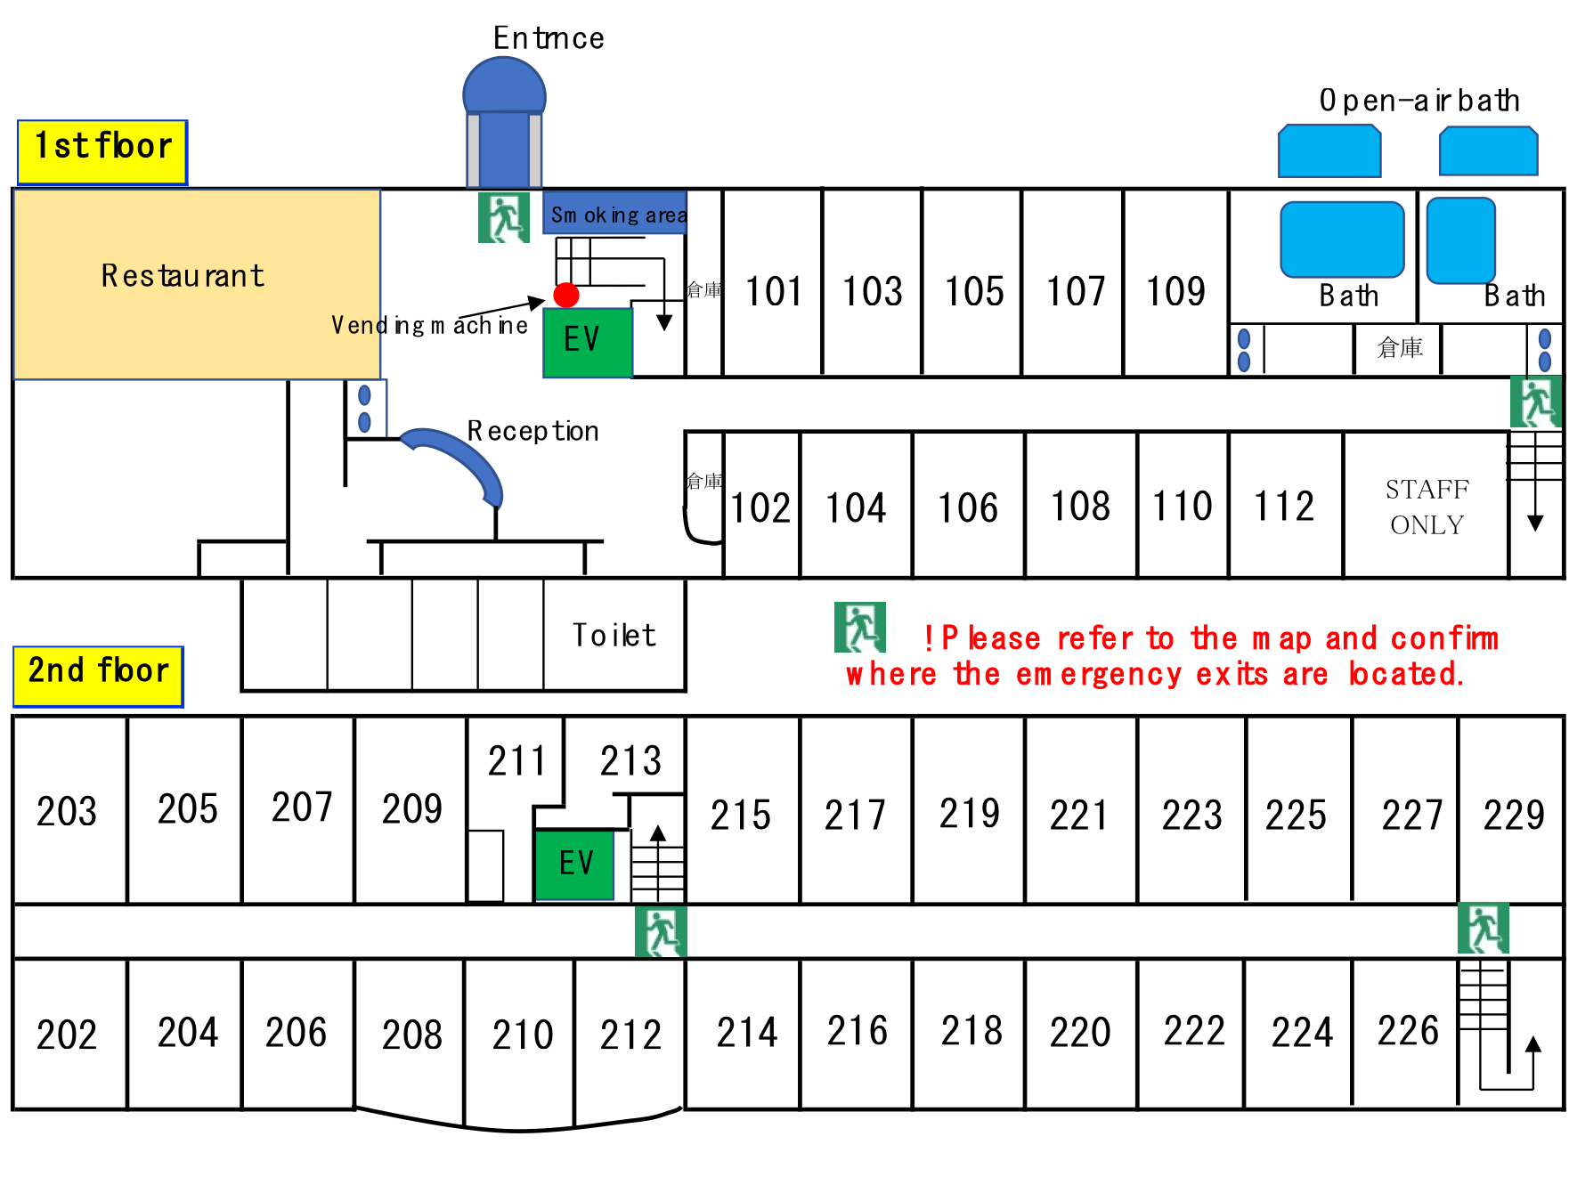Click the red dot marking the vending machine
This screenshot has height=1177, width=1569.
pyautogui.click(x=566, y=295)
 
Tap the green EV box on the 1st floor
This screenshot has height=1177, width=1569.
pyautogui.click(x=588, y=342)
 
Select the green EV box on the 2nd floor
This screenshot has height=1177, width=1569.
pyautogui.click(x=574, y=864)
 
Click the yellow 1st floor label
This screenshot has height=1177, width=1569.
pyautogui.click(x=102, y=152)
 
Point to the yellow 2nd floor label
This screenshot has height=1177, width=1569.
pyautogui.click(x=98, y=677)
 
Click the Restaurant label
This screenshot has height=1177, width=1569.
pyautogui.click(x=183, y=276)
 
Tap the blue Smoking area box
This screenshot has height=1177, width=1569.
pyautogui.click(x=614, y=214)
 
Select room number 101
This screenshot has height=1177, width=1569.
pyautogui.click(x=774, y=291)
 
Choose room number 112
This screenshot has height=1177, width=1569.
pyautogui.click(x=1284, y=507)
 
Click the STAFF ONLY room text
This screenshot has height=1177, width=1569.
pyautogui.click(x=1427, y=507)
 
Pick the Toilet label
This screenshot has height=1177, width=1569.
pyautogui.click(x=614, y=635)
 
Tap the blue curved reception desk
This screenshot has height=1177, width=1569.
pyautogui.click(x=456, y=463)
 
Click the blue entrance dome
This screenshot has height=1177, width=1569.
pyautogui.click(x=504, y=87)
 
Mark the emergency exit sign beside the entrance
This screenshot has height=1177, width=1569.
pyautogui.click(x=504, y=217)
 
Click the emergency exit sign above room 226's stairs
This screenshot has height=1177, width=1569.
pyautogui.click(x=1484, y=929)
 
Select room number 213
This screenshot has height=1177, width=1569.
pyautogui.click(x=630, y=761)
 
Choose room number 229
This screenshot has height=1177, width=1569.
pyautogui.click(x=1514, y=815)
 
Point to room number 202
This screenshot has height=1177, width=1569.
pyautogui.click(x=67, y=1035)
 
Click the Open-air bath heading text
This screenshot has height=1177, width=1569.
pyautogui.click(x=1419, y=101)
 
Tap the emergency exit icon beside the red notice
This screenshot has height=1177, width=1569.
pyautogui.click(x=860, y=628)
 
